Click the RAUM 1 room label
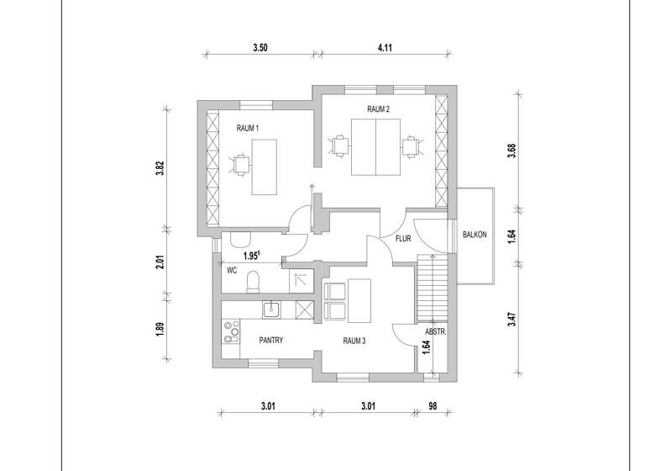[x=247, y=128]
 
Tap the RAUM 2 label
[x=378, y=109]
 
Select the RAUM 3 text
[x=354, y=341]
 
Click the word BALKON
[x=475, y=235]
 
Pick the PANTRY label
[x=270, y=341]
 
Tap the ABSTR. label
[x=434, y=331]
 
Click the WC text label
[x=233, y=271]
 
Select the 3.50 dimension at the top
[x=260, y=48]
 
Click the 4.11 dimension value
[x=385, y=48]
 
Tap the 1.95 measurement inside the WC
[x=251, y=255]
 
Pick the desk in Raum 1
[x=265, y=164]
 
